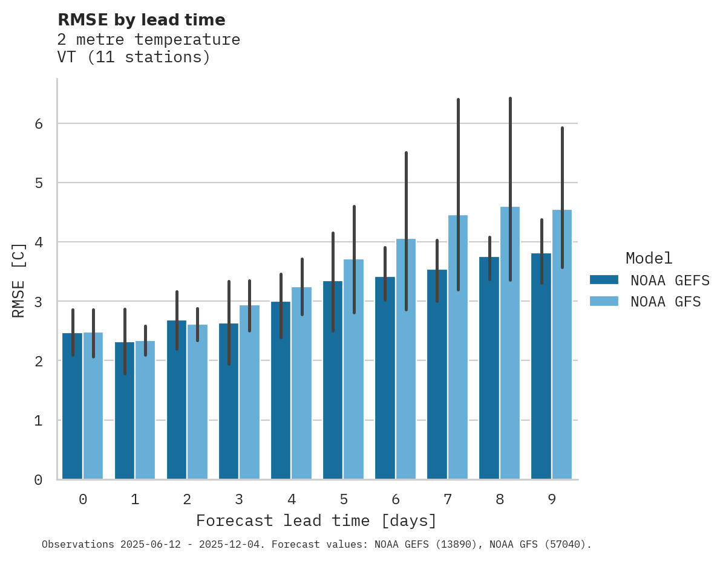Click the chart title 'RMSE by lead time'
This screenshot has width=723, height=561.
[141, 20]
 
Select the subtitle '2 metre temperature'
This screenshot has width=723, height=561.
[148, 40]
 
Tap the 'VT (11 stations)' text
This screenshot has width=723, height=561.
[134, 57]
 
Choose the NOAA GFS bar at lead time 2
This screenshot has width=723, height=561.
[197, 417]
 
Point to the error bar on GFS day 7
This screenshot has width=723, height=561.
[458, 193]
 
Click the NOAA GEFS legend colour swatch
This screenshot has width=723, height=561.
[604, 280]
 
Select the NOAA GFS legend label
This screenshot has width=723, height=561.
[666, 302]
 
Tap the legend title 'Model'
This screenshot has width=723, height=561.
[649, 258]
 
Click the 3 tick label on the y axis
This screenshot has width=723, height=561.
[38, 302]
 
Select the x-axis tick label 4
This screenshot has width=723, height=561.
[292, 499]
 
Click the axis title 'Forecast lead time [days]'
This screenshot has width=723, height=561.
[316, 520]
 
